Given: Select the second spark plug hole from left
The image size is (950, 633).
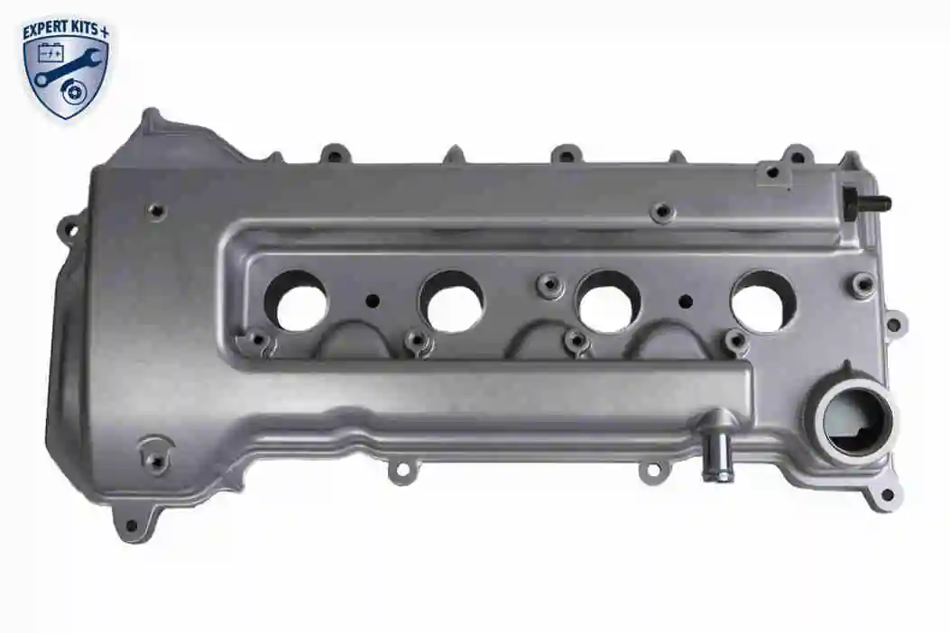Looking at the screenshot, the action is click(x=452, y=301).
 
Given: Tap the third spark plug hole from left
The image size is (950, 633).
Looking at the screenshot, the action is click(x=608, y=301).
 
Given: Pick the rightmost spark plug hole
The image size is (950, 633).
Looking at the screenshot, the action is click(x=763, y=301).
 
